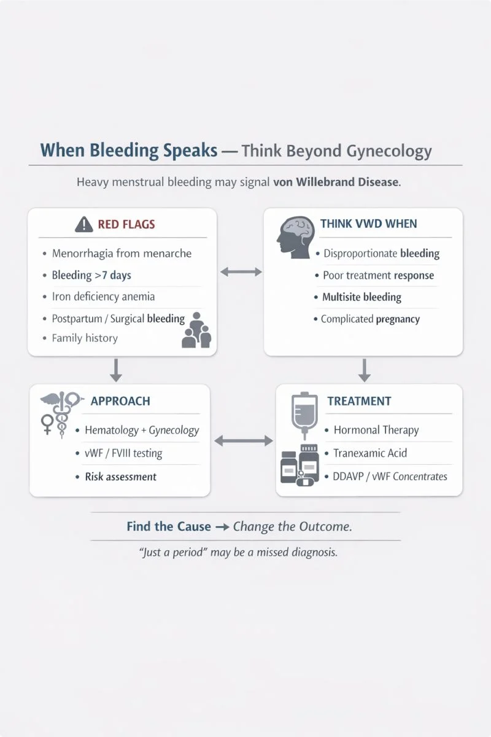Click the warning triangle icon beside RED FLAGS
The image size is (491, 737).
[x=83, y=225]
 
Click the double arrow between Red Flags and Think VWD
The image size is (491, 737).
[x=241, y=271]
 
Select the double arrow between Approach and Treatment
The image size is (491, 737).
[x=243, y=440]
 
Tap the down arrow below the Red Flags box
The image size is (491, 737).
[x=115, y=370]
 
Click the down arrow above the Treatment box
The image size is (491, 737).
[x=364, y=370]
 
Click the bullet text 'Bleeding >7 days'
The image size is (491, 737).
[x=91, y=275]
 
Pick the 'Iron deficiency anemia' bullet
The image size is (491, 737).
[x=103, y=297]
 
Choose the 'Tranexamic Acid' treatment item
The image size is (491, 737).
[x=370, y=453]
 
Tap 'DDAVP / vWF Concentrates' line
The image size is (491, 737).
[x=390, y=476]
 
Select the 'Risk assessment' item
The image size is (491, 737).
[x=120, y=477]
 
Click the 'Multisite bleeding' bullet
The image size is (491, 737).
[x=361, y=297]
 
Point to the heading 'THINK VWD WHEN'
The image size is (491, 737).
[x=368, y=224]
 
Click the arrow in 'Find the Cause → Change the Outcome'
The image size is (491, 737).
[x=222, y=527]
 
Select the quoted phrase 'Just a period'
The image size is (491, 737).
[x=175, y=552]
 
